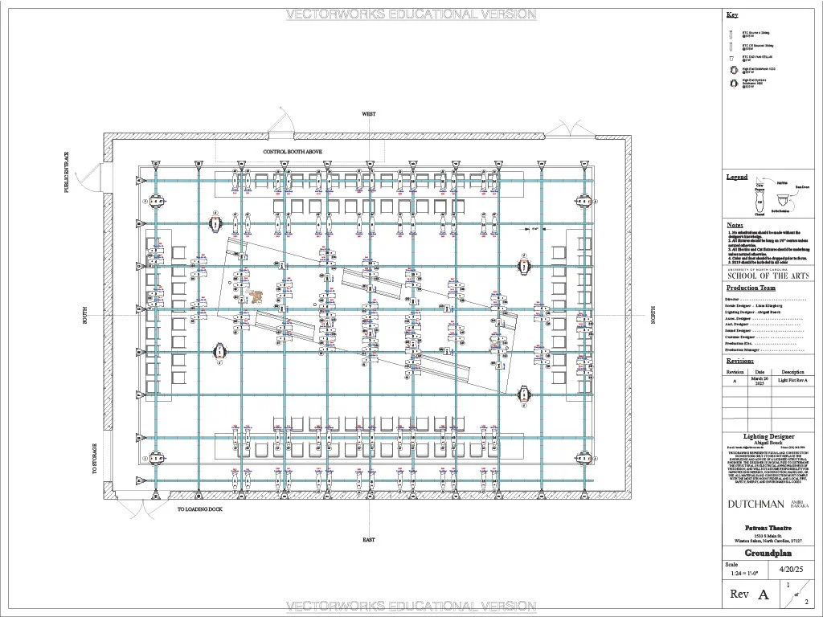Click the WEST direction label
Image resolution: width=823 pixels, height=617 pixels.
point(368,115)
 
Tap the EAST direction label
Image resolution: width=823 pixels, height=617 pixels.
point(368,540)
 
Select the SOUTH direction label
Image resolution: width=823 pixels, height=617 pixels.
point(84,315)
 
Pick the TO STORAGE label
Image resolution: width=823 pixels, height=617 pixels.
point(94,459)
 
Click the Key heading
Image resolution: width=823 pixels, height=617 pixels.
point(731,15)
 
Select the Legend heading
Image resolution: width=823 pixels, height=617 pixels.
point(737,177)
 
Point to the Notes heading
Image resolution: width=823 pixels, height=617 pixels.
point(735,225)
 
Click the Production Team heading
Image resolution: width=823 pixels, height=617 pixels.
point(751,288)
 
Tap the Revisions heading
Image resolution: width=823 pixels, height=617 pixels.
point(741,361)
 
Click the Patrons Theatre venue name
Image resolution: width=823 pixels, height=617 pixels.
point(768,528)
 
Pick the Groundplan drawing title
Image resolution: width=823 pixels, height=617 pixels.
point(768,554)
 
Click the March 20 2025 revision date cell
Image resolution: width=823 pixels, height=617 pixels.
point(760,381)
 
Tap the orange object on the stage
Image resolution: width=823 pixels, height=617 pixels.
point(256,297)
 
